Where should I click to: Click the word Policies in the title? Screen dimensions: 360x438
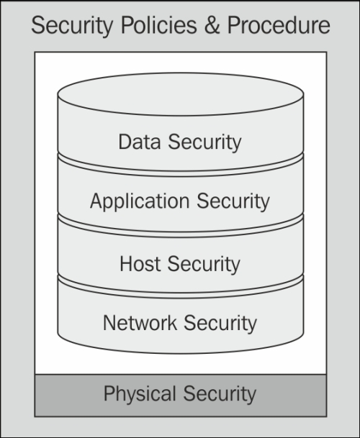tap(158, 25)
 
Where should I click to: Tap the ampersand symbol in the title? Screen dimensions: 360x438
tap(212, 25)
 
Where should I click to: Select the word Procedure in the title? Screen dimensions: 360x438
tap(279, 25)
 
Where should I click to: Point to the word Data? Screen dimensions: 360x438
tap(140, 142)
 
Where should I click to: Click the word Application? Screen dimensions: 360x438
tap(140, 201)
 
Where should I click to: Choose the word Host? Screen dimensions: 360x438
tap(140, 263)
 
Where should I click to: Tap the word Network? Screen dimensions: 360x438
tap(140, 323)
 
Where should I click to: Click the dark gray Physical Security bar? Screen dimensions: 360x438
tap(181, 396)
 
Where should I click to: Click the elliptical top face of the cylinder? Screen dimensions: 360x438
tap(181, 94)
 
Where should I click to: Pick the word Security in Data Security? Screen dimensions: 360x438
tap(204, 142)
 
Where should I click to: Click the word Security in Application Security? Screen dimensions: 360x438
tap(233, 201)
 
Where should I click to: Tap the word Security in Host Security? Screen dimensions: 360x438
tap(204, 264)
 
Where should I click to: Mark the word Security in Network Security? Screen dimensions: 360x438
tap(220, 324)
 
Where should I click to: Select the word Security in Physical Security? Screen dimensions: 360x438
tap(220, 394)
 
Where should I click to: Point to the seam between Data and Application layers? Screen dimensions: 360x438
tap(181, 174)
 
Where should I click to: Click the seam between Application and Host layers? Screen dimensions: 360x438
tap(181, 234)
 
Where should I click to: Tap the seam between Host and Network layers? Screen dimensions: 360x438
tap(181, 296)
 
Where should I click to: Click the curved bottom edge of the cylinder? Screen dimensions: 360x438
tap(181, 353)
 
